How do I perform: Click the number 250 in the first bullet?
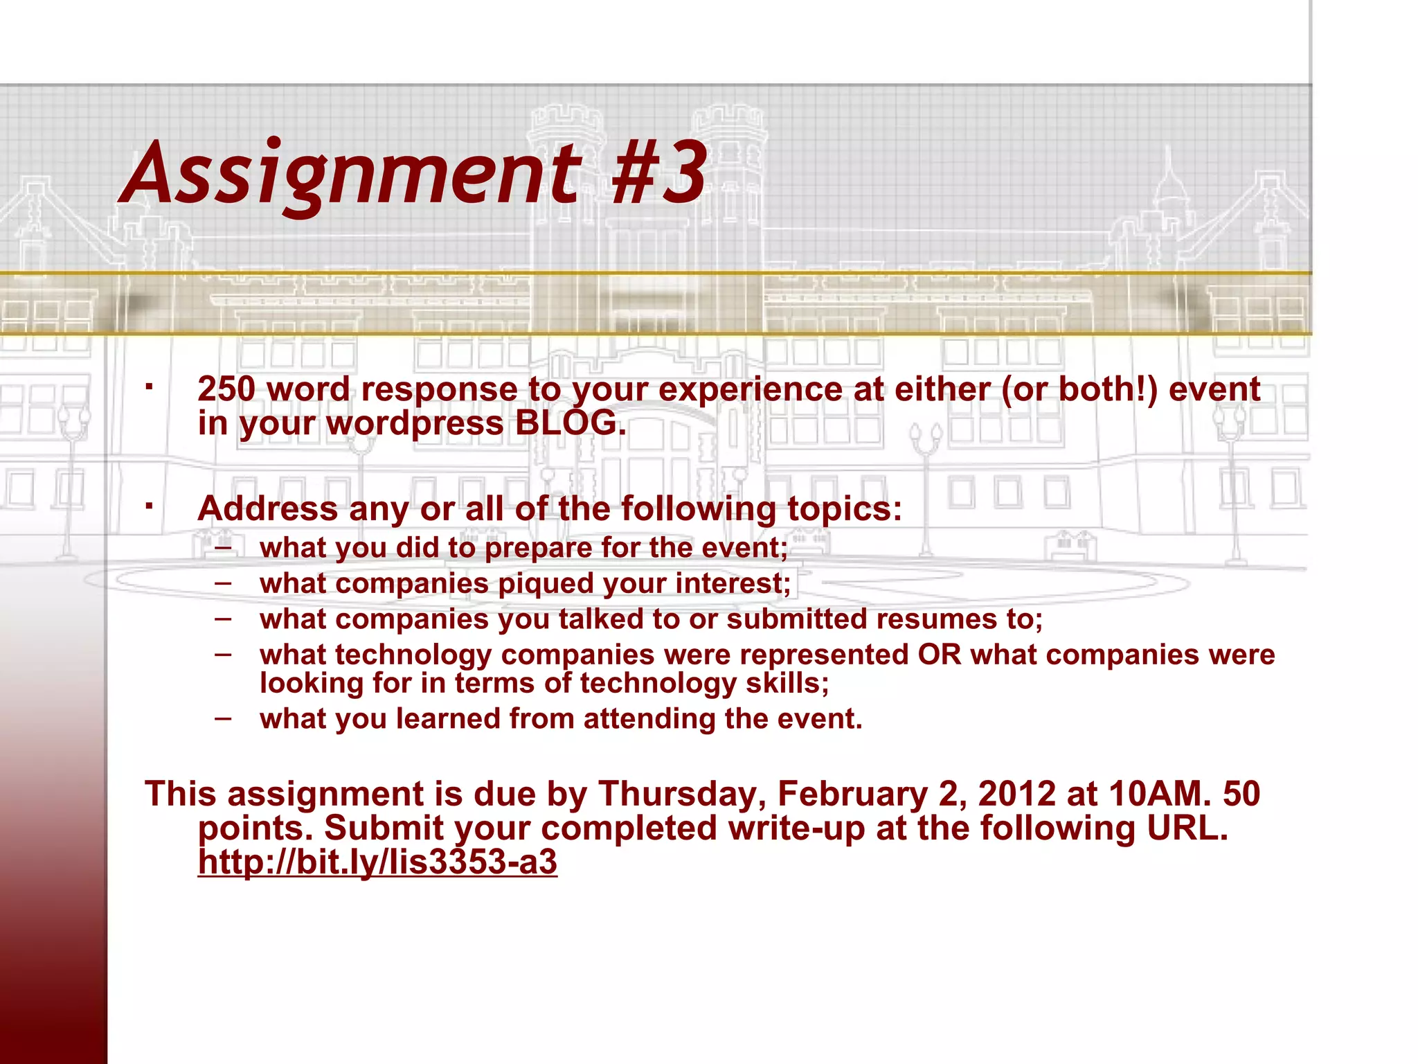[x=226, y=389]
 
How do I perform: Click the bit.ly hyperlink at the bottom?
[x=377, y=862]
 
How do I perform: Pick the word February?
[x=852, y=794]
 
